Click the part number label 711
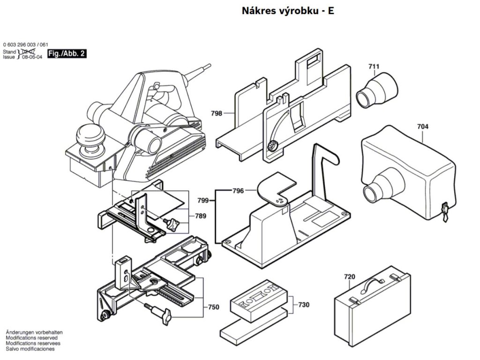pos(373,67)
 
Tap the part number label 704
pos(422,127)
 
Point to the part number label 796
pos(239,191)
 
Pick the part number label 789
pos(201,217)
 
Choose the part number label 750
pos(213,307)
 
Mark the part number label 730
pos(304,305)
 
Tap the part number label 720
pos(350,277)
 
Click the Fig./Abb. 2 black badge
pos(67,54)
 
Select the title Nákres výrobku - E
pos(288,11)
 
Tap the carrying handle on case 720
pos(374,282)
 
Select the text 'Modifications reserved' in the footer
pos(31,337)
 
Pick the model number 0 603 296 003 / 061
pos(26,45)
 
